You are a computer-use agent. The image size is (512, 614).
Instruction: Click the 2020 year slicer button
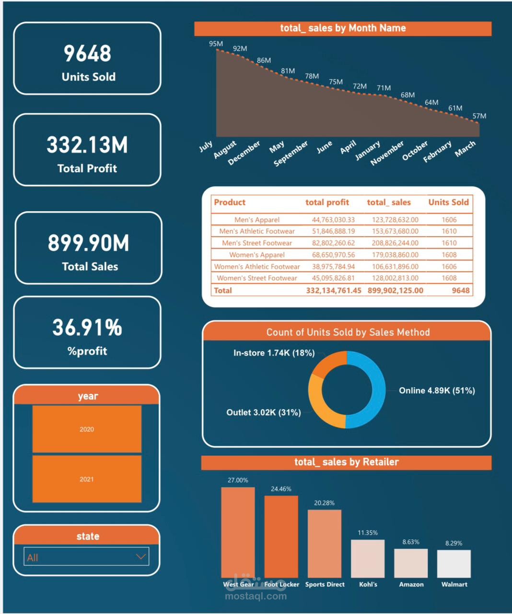[87, 429]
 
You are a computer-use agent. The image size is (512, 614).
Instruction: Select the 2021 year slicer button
[87, 479]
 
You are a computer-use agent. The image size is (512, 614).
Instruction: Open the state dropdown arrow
[140, 556]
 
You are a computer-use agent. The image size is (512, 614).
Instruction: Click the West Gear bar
[238, 532]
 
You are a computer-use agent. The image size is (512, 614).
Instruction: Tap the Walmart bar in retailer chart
[454, 564]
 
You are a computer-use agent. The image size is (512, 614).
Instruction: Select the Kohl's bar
[368, 559]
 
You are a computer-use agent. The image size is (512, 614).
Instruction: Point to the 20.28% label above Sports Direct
[325, 503]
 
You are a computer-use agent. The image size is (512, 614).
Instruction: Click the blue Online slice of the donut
[377, 389]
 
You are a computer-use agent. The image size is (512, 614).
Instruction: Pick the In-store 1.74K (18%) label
[274, 353]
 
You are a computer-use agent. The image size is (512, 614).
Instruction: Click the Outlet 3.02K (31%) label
[264, 413]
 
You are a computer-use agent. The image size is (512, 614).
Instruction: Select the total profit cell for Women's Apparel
[333, 255]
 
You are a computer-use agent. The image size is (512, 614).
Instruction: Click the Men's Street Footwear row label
[257, 243]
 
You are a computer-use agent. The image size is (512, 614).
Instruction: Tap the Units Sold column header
[448, 202]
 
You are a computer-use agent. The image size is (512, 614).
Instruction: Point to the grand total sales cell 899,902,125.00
[396, 290]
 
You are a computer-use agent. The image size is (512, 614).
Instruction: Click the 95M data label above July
[216, 44]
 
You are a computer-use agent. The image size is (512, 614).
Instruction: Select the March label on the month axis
[465, 149]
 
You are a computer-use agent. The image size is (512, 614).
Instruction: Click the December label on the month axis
[244, 153]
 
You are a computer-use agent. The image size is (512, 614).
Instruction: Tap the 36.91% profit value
[87, 328]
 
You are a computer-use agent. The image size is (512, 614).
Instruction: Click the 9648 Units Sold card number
[87, 53]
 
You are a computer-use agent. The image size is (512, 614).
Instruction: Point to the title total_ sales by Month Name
[343, 28]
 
